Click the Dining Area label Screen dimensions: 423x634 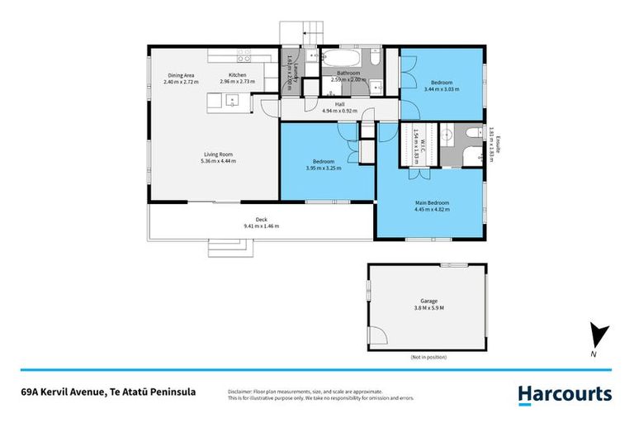[x=180, y=75]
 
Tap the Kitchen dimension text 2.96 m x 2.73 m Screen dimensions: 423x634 [x=237, y=82]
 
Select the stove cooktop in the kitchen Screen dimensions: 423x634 [x=245, y=57]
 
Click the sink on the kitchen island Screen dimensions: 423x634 [x=233, y=102]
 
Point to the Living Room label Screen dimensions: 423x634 [x=219, y=154]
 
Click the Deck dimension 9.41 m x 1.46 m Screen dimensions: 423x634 [x=261, y=226]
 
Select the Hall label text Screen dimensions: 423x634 [x=339, y=104]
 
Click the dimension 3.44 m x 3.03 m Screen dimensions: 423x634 [x=442, y=88]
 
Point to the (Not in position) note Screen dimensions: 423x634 [x=428, y=357]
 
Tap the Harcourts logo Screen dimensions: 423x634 [x=565, y=394]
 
